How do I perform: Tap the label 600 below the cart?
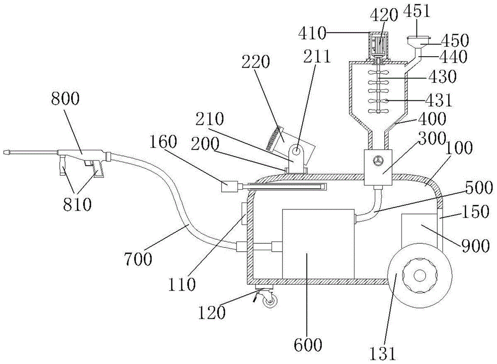pyautogui.click(x=308, y=344)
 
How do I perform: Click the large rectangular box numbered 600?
pyautogui.click(x=318, y=243)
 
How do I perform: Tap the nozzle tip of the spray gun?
pyautogui.click(x=6, y=151)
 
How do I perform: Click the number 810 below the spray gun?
pyautogui.click(x=78, y=205)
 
